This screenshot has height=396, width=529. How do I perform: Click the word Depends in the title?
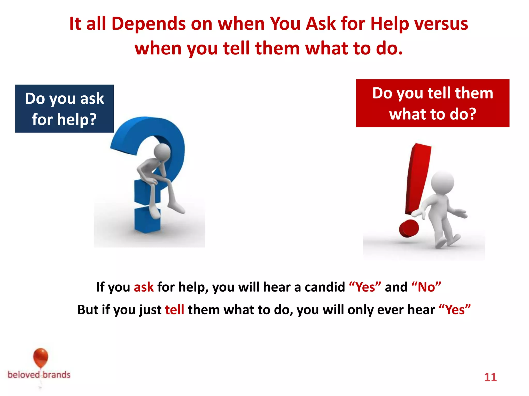point(149,24)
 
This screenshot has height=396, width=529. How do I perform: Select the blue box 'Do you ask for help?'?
point(64,109)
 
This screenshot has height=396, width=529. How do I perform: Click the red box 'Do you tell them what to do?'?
point(433,103)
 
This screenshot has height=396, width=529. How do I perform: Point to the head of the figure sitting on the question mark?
point(162,152)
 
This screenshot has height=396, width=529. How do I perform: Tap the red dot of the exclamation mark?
point(409,228)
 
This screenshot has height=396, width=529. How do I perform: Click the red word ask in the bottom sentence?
point(144,287)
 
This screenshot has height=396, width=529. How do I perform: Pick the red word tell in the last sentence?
point(175,310)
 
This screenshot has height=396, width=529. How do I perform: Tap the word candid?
point(325,287)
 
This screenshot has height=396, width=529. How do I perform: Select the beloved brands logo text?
point(39,375)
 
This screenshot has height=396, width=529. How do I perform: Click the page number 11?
point(490,377)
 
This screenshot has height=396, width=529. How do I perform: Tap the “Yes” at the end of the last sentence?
point(455,310)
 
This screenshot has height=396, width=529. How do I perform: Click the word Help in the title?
point(389,24)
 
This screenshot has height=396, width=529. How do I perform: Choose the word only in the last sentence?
point(361,310)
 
